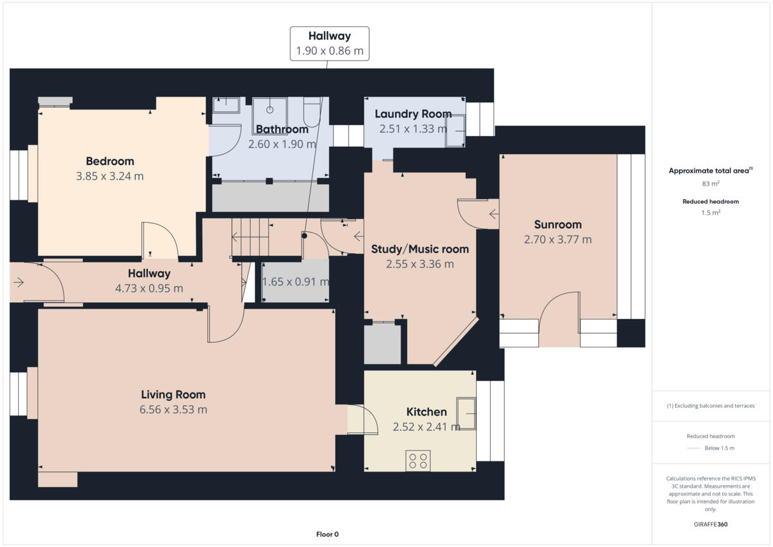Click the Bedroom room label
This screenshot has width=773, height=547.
tap(110, 161)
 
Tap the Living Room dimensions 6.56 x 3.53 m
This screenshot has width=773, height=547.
tap(173, 409)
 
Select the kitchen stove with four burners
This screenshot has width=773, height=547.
tap(418, 461)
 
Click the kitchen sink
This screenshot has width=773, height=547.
tap(466, 414)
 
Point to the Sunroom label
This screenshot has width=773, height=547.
tap(557, 225)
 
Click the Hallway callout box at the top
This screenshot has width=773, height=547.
tap(329, 43)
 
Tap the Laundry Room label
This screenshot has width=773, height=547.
tap(413, 114)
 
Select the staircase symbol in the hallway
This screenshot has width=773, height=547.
tap(250, 236)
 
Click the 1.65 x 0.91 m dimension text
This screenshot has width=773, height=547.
tap(296, 282)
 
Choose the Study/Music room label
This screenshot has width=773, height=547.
tap(420, 249)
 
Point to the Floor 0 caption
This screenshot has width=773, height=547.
tap(327, 534)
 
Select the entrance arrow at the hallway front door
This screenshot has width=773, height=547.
tap(18, 282)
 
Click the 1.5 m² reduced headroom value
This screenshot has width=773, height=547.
tap(711, 212)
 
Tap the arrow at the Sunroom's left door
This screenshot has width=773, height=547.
tap(493, 214)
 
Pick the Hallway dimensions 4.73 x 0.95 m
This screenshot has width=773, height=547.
tap(149, 288)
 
